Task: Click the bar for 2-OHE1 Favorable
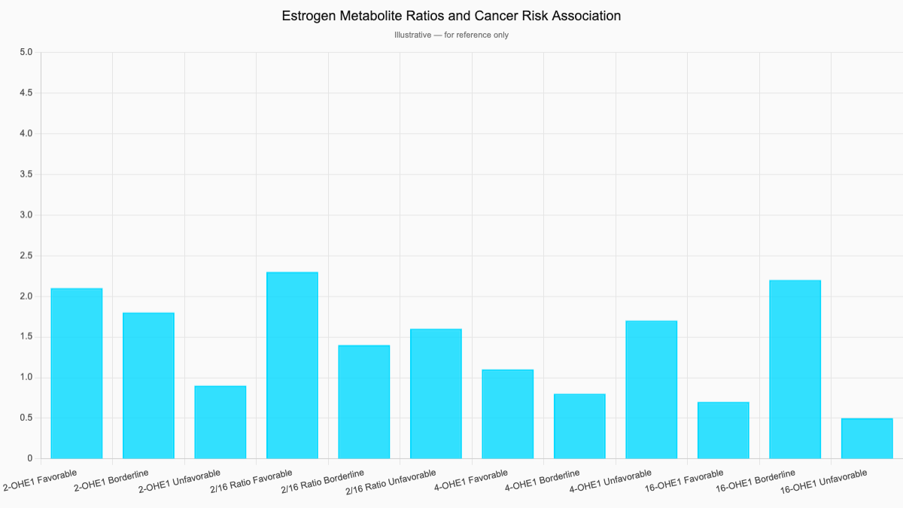pyautogui.click(x=77, y=373)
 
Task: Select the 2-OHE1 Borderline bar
pyautogui.click(x=148, y=385)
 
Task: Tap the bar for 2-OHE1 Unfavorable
pyautogui.click(x=220, y=422)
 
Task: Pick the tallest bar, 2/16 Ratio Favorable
pyautogui.click(x=292, y=365)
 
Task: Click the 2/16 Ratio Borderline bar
pyautogui.click(x=364, y=402)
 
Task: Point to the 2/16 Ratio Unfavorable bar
pyautogui.click(x=436, y=394)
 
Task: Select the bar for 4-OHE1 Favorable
pyautogui.click(x=508, y=414)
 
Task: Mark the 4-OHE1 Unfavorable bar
pyautogui.click(x=652, y=390)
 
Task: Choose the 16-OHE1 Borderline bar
pyautogui.click(x=795, y=370)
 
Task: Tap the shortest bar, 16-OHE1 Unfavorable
pyautogui.click(x=867, y=439)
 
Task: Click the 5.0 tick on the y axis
pyautogui.click(x=26, y=52)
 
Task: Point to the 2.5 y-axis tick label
pyautogui.click(x=26, y=256)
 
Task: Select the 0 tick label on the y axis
pyautogui.click(x=29, y=458)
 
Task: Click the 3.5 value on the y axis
pyautogui.click(x=26, y=175)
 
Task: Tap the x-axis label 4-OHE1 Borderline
pyautogui.click(x=543, y=481)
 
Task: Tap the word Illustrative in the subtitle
pyautogui.click(x=413, y=35)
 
